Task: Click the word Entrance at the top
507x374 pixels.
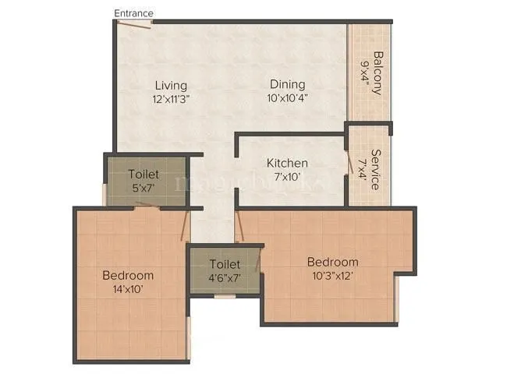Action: click(133, 13)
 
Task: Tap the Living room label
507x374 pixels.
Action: click(170, 85)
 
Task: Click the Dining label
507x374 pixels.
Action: click(287, 85)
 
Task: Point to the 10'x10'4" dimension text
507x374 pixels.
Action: click(287, 98)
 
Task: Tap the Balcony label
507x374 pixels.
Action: click(378, 72)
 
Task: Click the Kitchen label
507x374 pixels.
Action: click(287, 164)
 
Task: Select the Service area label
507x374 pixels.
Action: click(375, 169)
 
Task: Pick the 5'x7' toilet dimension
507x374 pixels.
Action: click(144, 188)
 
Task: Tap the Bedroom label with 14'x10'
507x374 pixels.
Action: click(128, 275)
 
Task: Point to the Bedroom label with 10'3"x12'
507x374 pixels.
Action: click(332, 262)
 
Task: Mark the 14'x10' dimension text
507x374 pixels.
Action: click(128, 289)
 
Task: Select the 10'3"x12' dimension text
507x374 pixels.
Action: click(332, 276)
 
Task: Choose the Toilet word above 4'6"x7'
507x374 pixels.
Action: click(225, 265)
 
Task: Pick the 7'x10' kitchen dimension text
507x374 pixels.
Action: click(287, 177)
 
